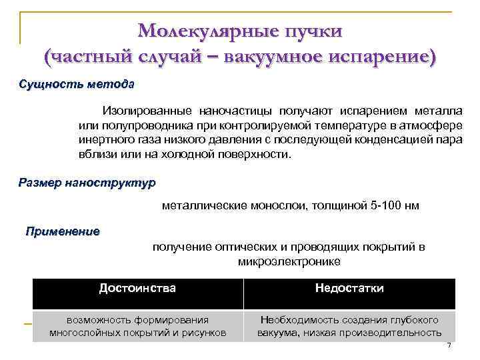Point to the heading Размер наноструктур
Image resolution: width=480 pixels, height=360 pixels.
[87, 182]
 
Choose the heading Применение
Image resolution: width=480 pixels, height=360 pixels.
[63, 232]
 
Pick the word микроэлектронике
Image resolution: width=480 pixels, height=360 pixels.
[289, 261]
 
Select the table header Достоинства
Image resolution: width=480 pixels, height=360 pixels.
[137, 289]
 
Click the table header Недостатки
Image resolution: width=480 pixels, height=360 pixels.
[349, 289]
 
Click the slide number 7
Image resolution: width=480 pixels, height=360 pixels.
[449, 345]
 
